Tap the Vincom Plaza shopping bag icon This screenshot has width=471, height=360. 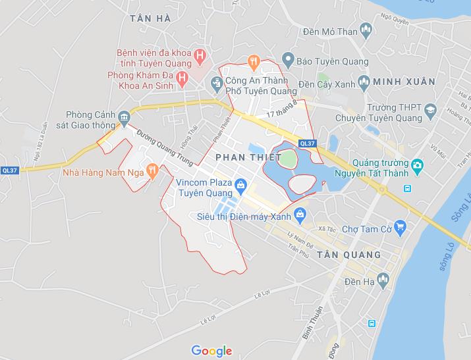point(241,185)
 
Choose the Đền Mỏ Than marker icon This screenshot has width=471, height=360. point(367,31)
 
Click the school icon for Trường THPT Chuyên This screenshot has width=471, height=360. point(429,109)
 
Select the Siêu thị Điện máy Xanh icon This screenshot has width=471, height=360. point(300,214)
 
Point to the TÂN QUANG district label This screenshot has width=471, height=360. point(348,254)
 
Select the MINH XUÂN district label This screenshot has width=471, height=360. point(403,82)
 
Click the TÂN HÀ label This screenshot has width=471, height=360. point(150,18)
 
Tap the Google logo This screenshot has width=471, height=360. point(211,350)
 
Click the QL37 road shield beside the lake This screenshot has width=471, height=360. point(306,143)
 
